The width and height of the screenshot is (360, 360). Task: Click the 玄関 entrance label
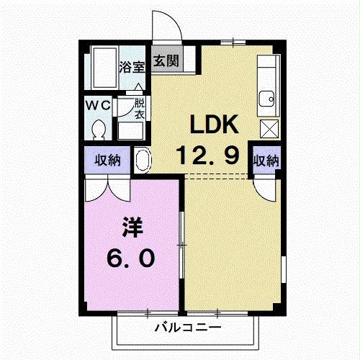[x=166, y=61]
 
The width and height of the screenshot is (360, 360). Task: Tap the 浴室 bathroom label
[x=131, y=68]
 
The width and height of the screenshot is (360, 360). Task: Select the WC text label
[x=97, y=105]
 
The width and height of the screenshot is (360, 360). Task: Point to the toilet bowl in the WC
[x=99, y=129]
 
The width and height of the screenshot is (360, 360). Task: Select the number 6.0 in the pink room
[x=130, y=258]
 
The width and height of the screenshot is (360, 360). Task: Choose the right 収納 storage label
[x=265, y=159]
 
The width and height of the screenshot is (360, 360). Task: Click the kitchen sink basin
[x=268, y=97]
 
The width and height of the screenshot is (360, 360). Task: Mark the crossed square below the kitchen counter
[x=269, y=128]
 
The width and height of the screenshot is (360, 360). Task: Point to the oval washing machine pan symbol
[x=142, y=159]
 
